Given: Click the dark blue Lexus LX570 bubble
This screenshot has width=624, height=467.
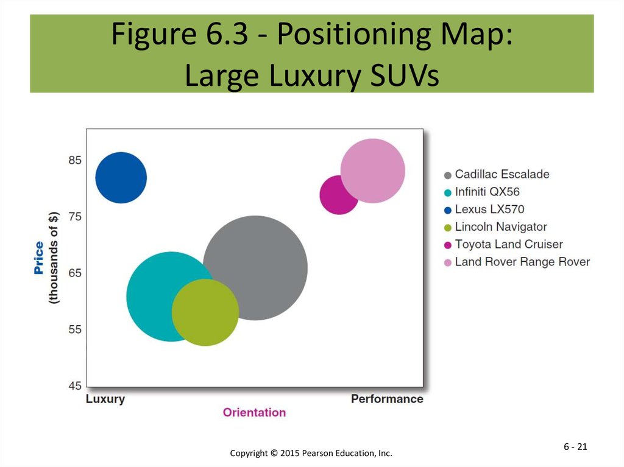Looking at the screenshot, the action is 121,177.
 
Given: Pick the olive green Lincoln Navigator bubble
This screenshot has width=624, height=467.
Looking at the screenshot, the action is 205,312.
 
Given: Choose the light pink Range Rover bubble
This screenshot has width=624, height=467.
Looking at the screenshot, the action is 373,170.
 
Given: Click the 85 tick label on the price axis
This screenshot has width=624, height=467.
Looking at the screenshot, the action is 75,160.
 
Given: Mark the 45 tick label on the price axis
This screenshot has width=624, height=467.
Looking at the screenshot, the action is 75,386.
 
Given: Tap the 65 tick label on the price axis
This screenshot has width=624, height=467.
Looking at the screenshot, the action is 75,273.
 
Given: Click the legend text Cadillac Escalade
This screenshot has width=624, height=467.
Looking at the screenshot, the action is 502,174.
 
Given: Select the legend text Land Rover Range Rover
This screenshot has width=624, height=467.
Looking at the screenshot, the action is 522,262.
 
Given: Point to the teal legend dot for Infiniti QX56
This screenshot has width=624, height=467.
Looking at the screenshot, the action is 448,193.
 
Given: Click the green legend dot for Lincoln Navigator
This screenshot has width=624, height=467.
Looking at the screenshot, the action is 448,228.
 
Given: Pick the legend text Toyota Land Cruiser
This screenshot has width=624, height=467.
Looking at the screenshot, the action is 509,244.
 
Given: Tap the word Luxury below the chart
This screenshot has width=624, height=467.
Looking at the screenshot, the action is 105,399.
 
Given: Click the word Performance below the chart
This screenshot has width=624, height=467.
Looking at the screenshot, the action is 387,399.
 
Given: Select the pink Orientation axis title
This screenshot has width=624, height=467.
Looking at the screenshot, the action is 254,412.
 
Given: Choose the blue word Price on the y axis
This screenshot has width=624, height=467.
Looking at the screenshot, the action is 38,258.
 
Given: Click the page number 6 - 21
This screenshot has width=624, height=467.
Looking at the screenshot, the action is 575,447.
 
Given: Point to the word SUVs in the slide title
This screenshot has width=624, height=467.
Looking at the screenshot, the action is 405,75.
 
